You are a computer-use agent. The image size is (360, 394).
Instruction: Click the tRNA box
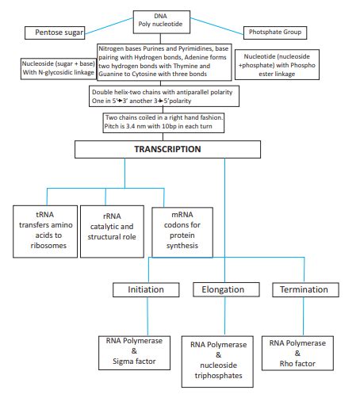coord(45,230)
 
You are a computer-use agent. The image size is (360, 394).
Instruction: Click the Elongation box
coord(223,290)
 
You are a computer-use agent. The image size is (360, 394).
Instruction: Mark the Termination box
coord(303,290)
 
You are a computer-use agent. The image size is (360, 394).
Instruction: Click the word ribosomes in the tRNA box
coord(44,247)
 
